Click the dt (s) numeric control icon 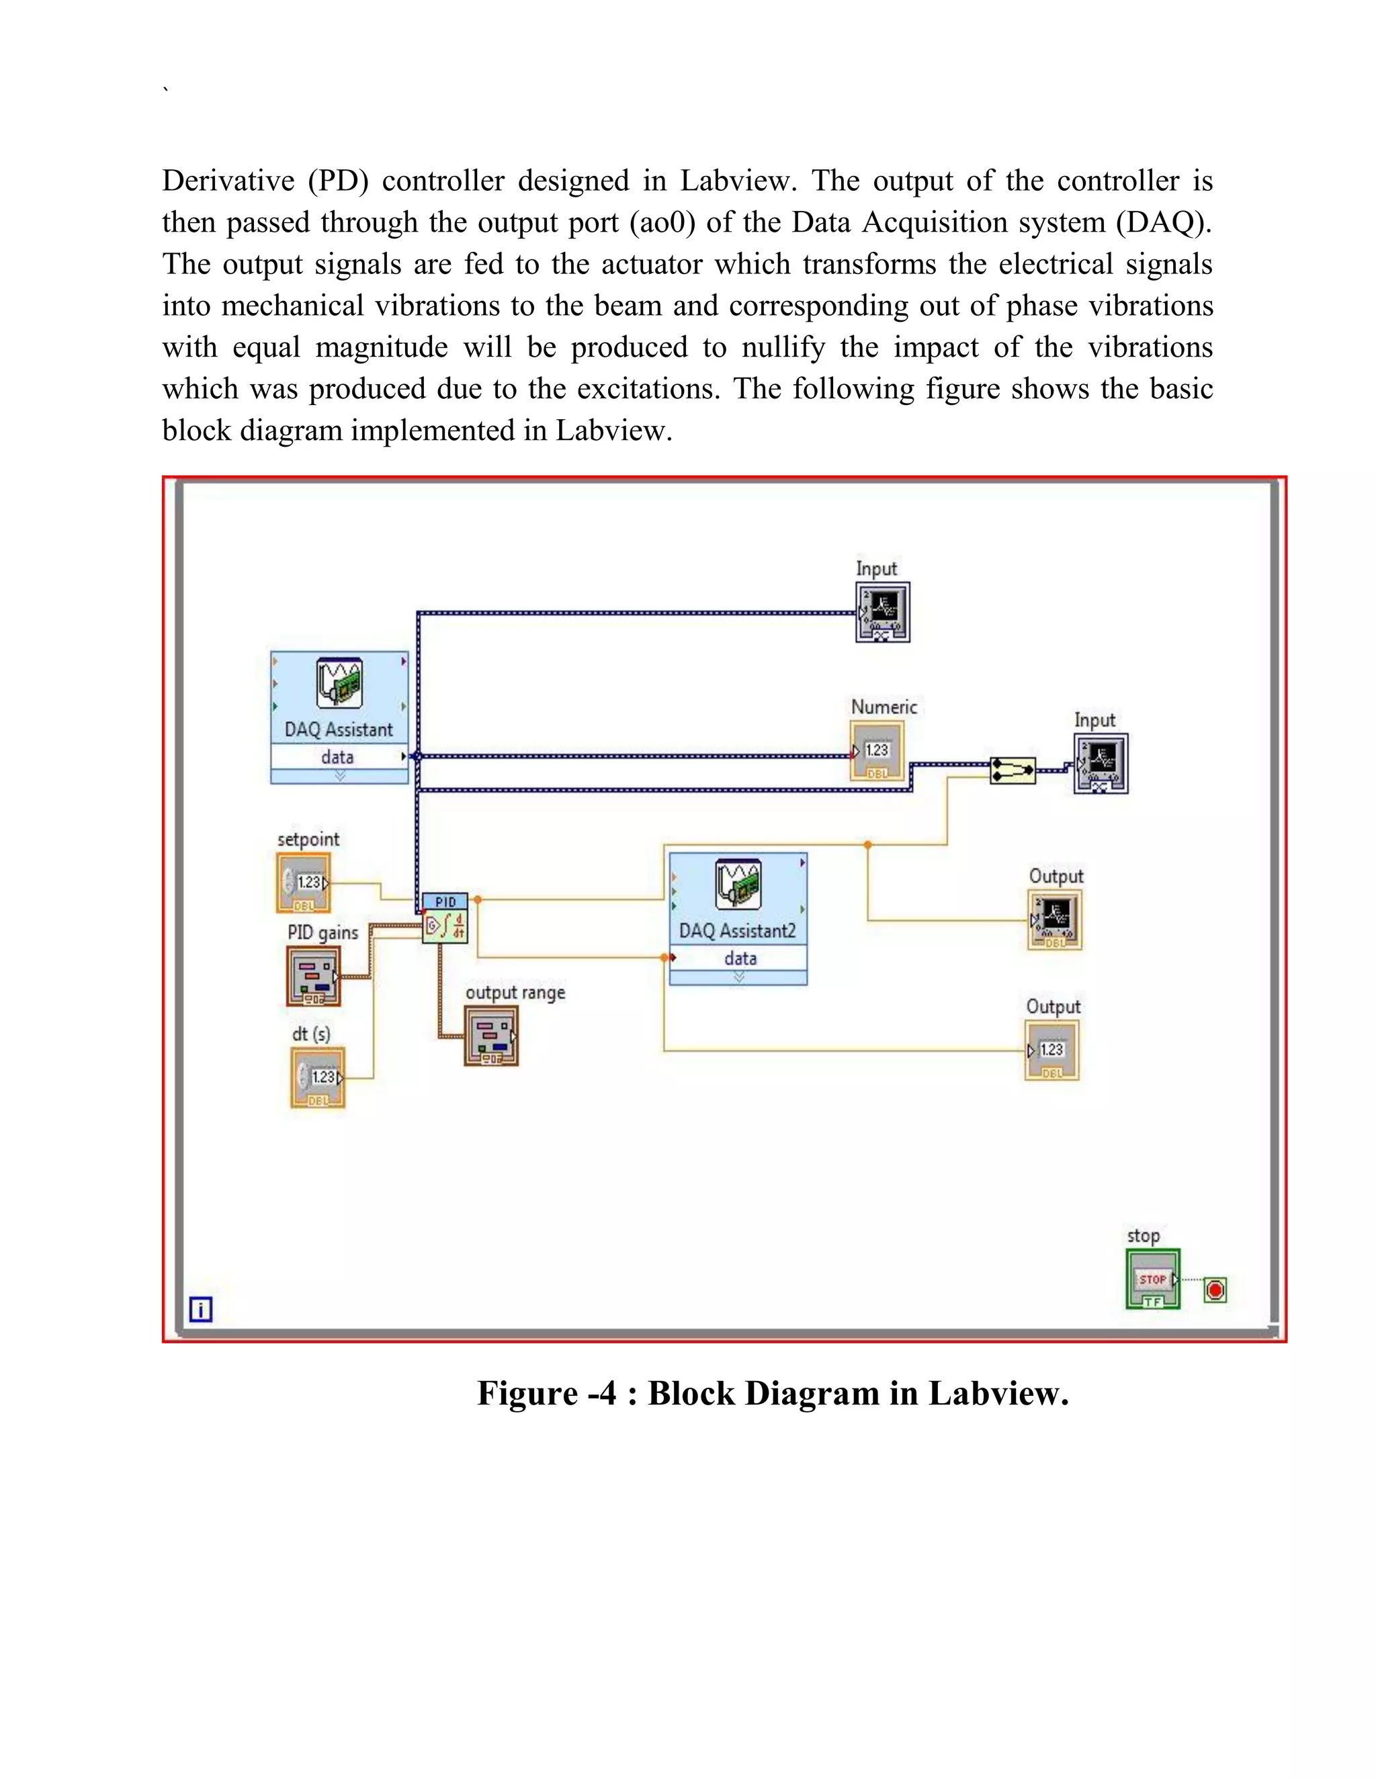[x=318, y=1077]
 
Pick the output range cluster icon [x=492, y=1036]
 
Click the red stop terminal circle [x=1215, y=1290]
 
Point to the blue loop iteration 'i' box [x=200, y=1309]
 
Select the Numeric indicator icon [x=876, y=752]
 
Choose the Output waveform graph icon [x=1055, y=920]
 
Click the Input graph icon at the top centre [x=883, y=612]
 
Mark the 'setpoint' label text [x=308, y=840]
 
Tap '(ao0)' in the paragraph [x=662, y=222]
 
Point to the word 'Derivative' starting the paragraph [x=228, y=181]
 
